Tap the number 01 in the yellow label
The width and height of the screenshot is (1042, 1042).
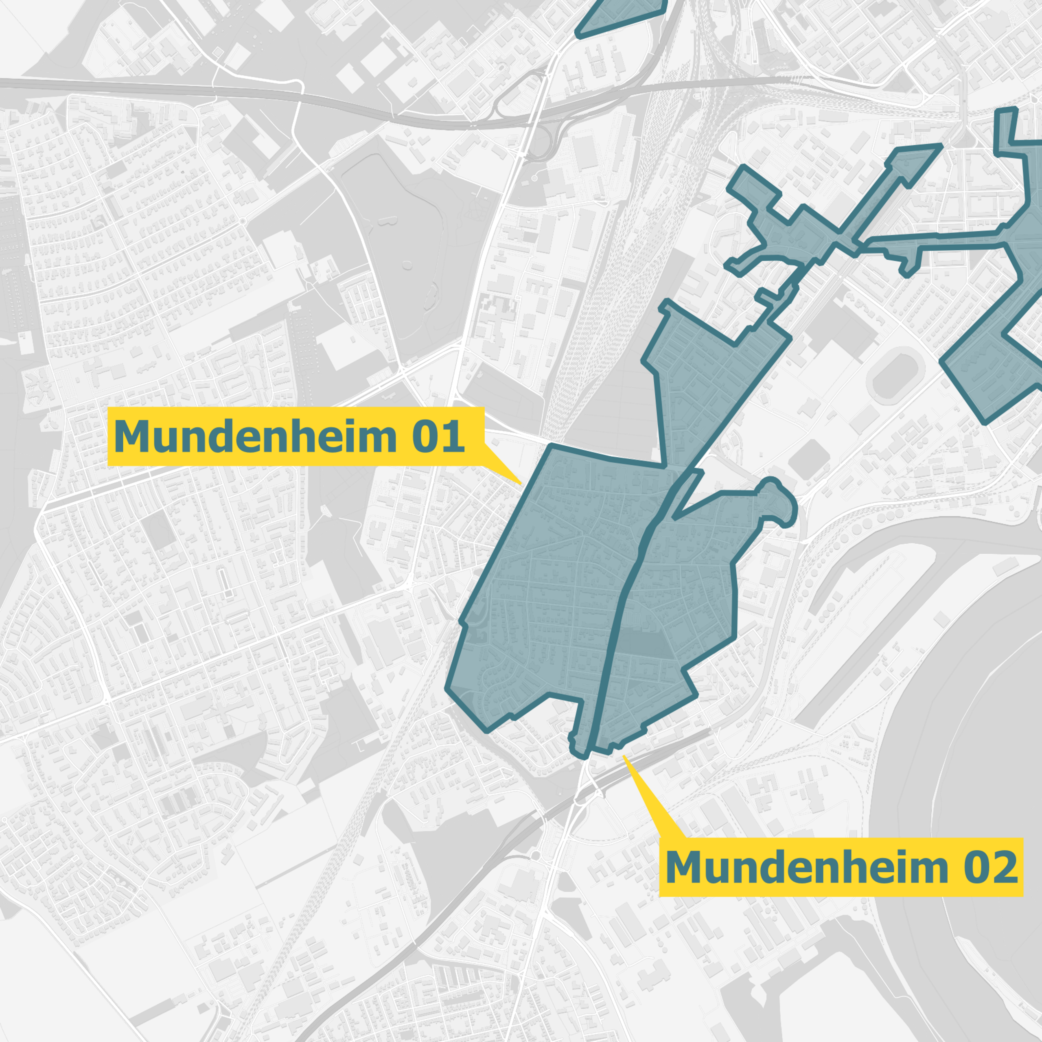click(438, 436)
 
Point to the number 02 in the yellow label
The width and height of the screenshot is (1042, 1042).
click(990, 867)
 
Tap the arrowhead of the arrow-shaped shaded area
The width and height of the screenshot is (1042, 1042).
click(917, 160)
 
